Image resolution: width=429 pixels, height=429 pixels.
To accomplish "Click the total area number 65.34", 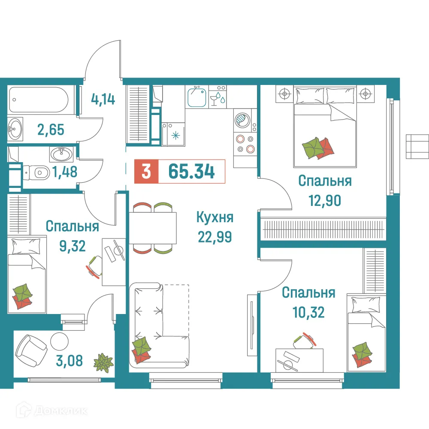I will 191,171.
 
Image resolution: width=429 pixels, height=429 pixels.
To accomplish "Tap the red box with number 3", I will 146,172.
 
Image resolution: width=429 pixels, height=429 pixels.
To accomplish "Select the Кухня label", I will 214,218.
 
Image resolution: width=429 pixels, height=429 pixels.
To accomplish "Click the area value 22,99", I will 214,236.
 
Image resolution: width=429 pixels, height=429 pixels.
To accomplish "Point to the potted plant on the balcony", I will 103,363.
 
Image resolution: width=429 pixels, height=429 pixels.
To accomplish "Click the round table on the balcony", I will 59,341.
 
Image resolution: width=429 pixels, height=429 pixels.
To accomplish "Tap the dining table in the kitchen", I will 153,228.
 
